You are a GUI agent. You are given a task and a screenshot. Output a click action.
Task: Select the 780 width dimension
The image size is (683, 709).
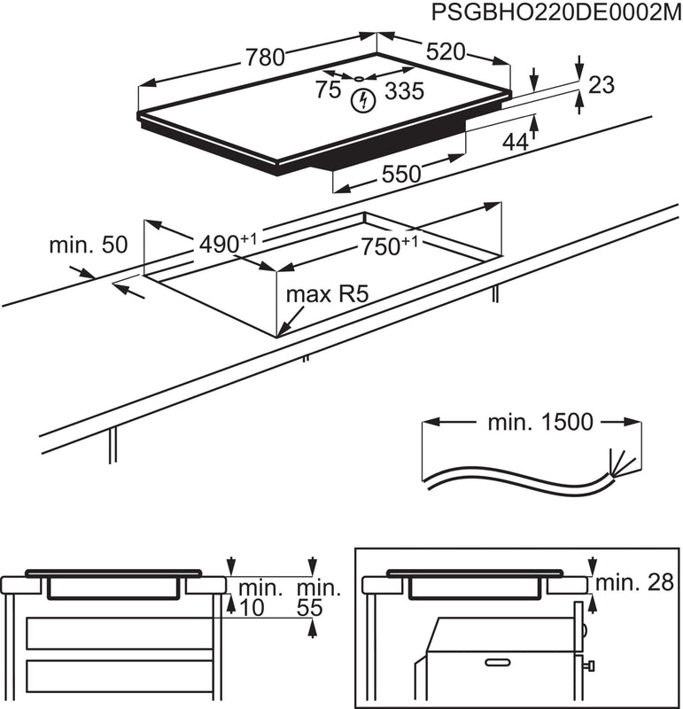pos(265,58)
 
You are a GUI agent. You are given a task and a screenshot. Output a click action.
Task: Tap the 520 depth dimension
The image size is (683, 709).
pos(445,52)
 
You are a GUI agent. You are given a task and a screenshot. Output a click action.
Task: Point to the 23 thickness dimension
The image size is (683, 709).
pos(601,85)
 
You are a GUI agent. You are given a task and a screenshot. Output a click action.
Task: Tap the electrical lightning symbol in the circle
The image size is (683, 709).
pos(361,101)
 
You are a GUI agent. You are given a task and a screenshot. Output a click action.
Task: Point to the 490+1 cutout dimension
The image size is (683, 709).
pos(223,242)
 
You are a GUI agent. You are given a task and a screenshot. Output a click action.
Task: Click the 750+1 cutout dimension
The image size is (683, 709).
pos(387,246)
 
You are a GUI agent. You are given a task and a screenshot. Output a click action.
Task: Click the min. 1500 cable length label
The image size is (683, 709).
pos(539,422)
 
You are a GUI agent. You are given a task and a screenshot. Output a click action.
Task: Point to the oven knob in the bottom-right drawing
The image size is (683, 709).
pos(588,666)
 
